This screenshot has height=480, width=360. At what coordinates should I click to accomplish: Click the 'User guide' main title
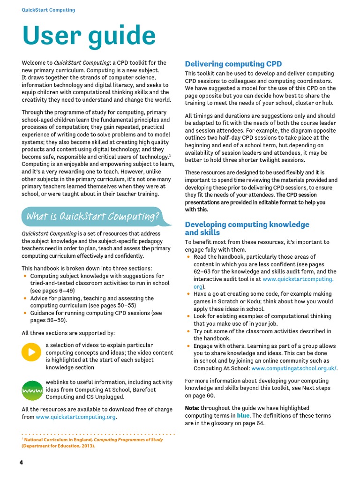click(89, 37)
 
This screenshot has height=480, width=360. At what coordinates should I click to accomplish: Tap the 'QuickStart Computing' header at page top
click(48, 10)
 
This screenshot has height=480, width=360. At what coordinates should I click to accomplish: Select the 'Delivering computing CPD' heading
click(233, 64)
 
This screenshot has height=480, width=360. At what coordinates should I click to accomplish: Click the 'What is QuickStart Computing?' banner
click(92, 216)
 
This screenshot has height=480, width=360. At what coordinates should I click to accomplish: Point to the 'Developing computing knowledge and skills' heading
click(247, 228)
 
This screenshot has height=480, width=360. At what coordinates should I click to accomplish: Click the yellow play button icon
click(31, 352)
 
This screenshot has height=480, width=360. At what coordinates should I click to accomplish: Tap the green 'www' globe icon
click(32, 390)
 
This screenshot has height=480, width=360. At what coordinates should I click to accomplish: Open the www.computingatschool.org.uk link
click(294, 368)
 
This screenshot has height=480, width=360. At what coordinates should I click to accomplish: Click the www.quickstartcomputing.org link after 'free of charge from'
click(76, 417)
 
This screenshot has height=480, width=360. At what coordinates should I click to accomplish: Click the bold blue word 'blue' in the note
click(243, 416)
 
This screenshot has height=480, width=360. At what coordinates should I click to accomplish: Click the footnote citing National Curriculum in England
click(92, 443)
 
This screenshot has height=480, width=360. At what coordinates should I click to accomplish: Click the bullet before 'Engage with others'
click(188, 346)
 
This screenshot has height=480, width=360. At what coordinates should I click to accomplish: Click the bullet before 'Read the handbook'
click(188, 257)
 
